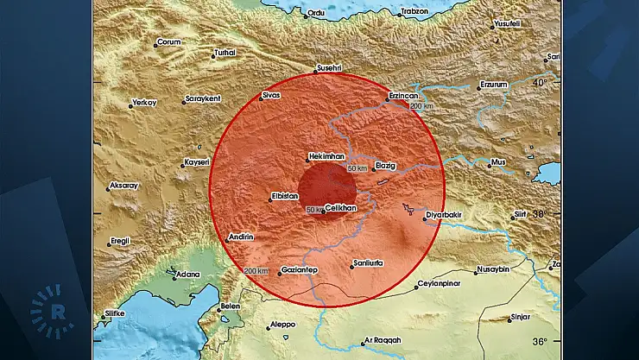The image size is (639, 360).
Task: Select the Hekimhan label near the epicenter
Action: pyautogui.click(x=326, y=156)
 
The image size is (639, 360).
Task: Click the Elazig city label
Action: pyautogui.click(x=385, y=165)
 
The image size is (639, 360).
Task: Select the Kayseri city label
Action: pyautogui.click(x=196, y=162)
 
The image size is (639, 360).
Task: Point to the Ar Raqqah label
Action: pyautogui.click(x=382, y=340)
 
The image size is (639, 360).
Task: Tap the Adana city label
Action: pyautogui.click(x=187, y=275)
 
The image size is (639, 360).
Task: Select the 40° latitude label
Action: pyautogui.click(x=541, y=83)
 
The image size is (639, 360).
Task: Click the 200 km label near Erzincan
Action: pyautogui.click(x=421, y=106)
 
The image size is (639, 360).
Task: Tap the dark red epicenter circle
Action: pyautogui.click(x=317, y=186)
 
